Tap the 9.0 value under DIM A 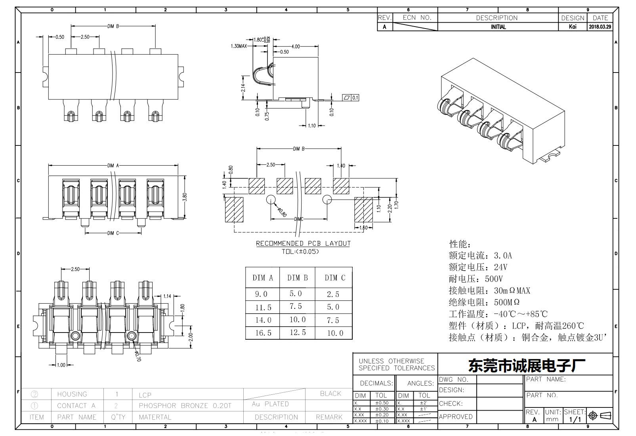point(261,294)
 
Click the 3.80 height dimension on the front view point(184,197)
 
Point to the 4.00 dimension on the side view point(295,46)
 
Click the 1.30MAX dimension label point(239,46)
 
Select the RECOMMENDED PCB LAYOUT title point(303,243)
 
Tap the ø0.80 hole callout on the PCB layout point(282,212)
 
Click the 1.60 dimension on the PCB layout point(363,228)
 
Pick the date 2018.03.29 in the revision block point(600,27)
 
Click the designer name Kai point(572,27)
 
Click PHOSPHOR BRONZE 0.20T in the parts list point(185,406)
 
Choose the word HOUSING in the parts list point(72,394)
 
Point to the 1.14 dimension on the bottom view point(167,296)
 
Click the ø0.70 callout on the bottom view point(138,356)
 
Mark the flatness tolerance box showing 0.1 point(351,98)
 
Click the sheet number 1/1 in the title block point(575,419)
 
